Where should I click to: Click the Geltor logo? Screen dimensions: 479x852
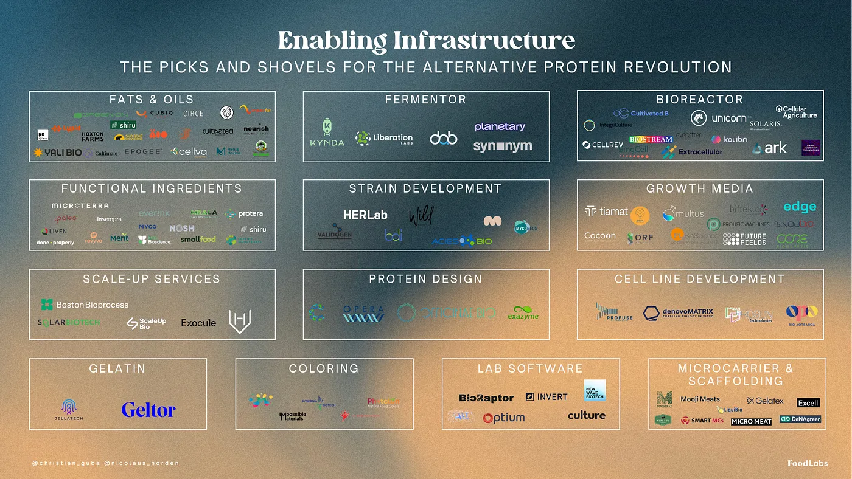click(148, 410)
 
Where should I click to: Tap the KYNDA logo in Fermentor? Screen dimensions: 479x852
click(327, 133)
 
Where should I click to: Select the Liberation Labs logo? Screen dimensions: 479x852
click(384, 138)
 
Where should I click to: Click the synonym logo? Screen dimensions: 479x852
click(502, 146)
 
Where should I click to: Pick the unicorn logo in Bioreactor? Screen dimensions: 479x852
click(719, 118)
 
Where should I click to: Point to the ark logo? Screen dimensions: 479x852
click(769, 148)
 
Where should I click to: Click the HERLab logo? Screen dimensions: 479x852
click(365, 215)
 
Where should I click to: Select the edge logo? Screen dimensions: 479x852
click(799, 207)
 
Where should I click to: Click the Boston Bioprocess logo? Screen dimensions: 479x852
click(85, 305)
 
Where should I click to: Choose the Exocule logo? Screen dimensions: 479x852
click(198, 323)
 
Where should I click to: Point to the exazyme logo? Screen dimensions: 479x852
click(523, 312)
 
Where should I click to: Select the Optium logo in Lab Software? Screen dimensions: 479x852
click(503, 418)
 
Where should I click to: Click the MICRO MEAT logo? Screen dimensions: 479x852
click(751, 421)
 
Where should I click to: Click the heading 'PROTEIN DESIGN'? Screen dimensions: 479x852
click(425, 279)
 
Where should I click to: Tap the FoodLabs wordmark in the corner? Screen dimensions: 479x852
click(807, 463)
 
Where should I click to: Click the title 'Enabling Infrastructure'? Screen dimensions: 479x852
click(426, 41)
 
